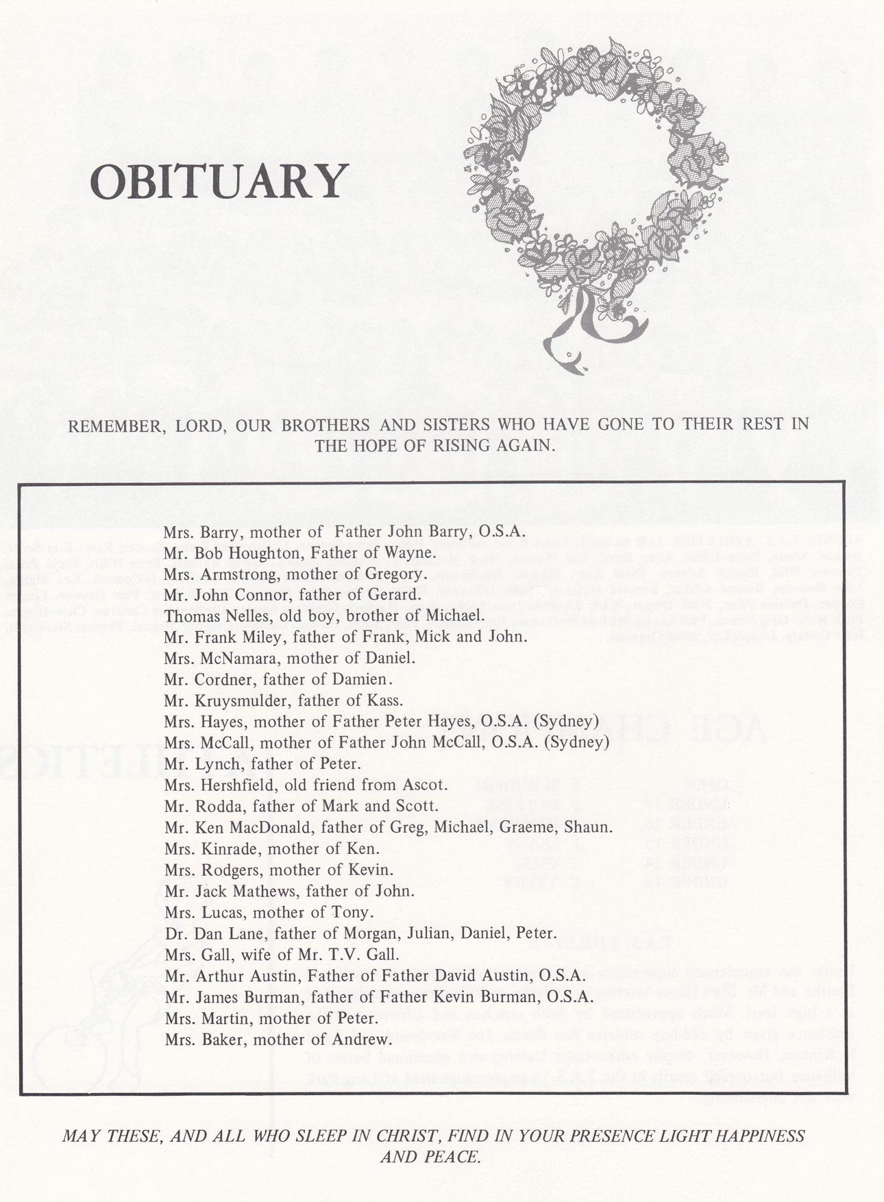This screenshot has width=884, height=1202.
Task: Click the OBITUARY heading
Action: (x=219, y=181)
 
